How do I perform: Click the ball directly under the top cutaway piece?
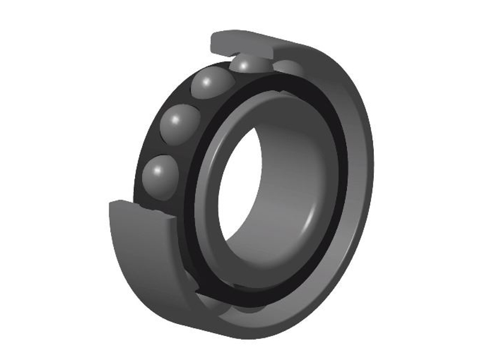[x=247, y=64]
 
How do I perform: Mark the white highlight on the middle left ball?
[x=175, y=119]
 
